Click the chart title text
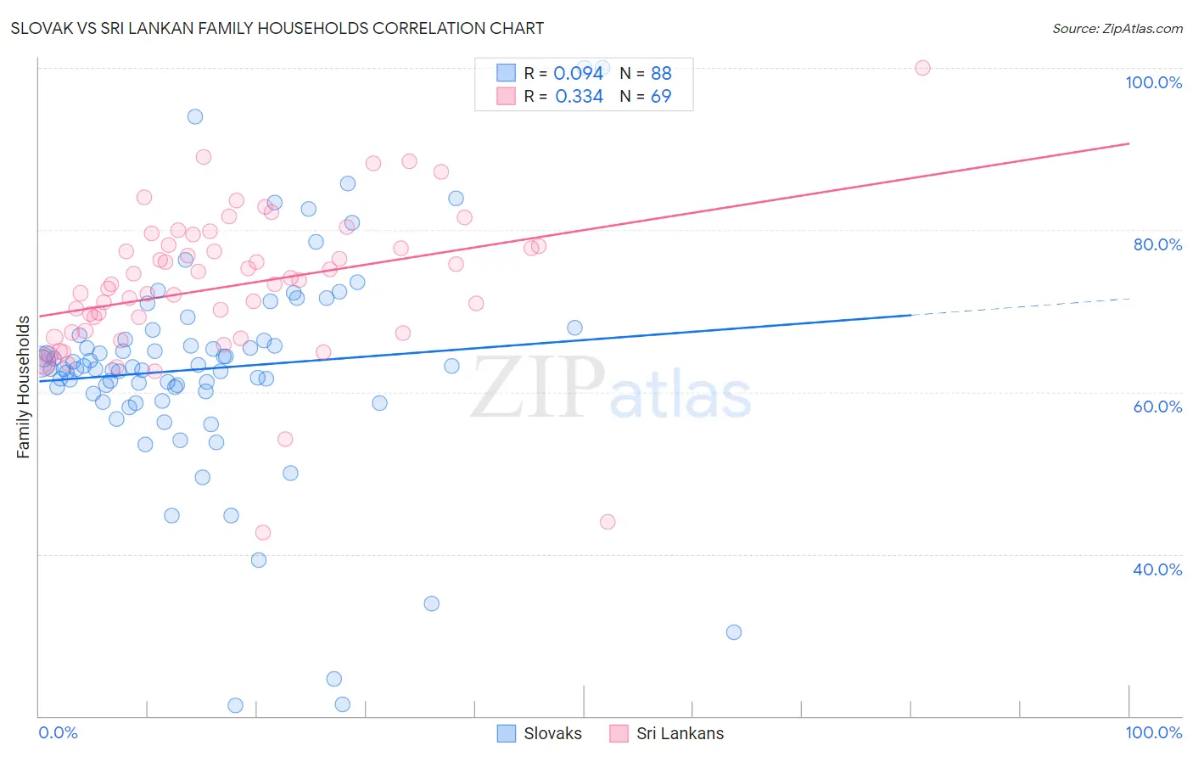pos(277,28)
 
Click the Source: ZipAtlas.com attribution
pos(1117,29)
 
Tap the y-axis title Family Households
pos(24,387)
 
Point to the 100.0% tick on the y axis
pos(1153,82)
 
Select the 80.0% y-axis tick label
pos(1157,244)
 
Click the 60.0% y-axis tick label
pos(1157,407)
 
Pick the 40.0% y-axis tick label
pos(1157,569)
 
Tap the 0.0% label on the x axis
pos(58,732)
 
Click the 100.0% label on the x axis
pos(1153,732)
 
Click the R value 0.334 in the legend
pos(579,97)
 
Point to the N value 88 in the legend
pos(661,74)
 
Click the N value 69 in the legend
pos(661,97)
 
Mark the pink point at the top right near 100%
pos(922,68)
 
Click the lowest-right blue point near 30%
pos(734,632)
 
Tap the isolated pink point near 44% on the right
pos(608,522)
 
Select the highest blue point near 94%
pos(195,116)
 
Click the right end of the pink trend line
pos(1129,143)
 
